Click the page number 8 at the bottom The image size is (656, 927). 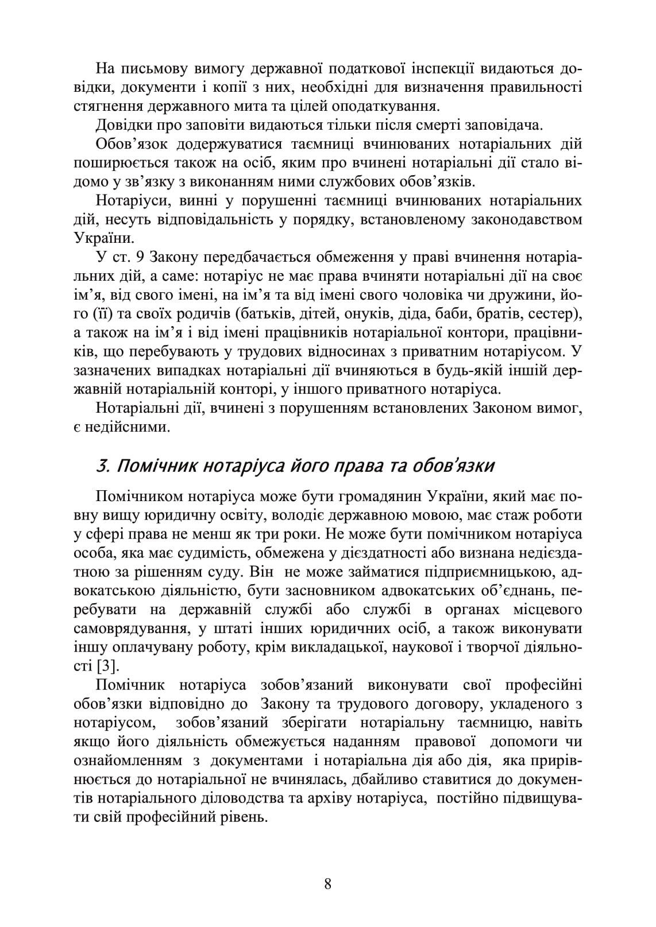point(328,883)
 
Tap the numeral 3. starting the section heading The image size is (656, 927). point(103,466)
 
